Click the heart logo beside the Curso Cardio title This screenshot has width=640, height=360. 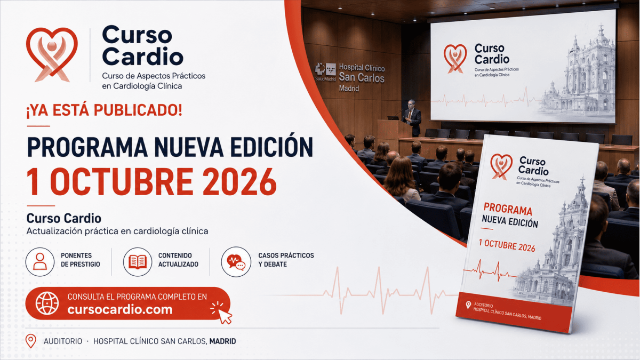(x=52, y=55)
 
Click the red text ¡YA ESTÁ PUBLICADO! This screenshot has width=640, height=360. (x=105, y=110)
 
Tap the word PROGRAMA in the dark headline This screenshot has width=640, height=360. (x=87, y=147)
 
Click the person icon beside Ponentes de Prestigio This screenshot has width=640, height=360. (x=40, y=262)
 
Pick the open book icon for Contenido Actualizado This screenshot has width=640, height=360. (x=138, y=262)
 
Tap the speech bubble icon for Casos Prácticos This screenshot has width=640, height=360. (x=236, y=262)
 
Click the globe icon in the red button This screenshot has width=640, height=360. (x=47, y=303)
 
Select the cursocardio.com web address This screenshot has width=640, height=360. (x=120, y=310)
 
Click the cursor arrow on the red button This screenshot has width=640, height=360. (x=225, y=317)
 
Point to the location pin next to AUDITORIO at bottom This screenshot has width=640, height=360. (x=31, y=341)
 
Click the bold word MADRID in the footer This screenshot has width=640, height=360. (x=222, y=341)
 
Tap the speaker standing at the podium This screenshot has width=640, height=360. (x=411, y=118)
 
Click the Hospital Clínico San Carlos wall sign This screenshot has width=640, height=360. (x=362, y=77)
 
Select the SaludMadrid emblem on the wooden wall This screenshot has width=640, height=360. (x=325, y=72)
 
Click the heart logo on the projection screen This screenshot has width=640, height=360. (x=455, y=59)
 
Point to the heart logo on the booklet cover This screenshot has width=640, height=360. (x=501, y=166)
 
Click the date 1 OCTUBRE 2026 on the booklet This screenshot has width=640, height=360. (x=507, y=245)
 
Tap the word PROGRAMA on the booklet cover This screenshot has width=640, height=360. (x=508, y=210)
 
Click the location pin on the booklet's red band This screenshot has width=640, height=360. (x=468, y=305)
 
